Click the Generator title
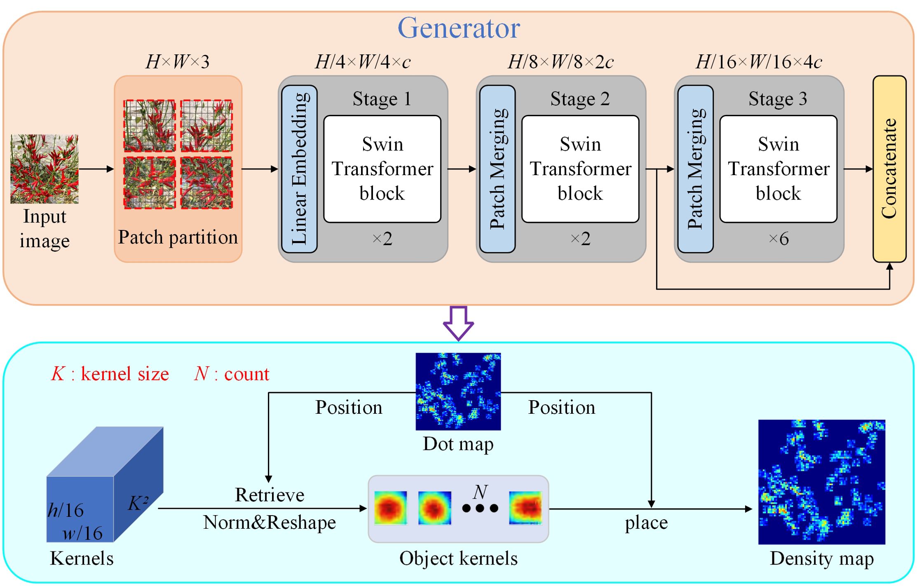pos(458,28)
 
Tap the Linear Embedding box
pos(299,169)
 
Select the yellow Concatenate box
pos(889,169)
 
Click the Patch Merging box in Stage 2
pos(497,169)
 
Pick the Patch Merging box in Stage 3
pos(695,169)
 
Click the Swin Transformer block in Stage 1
pos(382,169)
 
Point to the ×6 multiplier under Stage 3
pos(779,239)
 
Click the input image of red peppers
pos(45,169)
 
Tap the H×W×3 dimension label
pos(178,62)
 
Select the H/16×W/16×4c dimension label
pos(759,62)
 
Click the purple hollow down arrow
pos(458,323)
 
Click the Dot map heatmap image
pos(458,391)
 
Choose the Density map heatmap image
pos(822,482)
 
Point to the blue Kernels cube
pos(105,484)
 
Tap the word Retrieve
pos(270,495)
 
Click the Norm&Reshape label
pos(270,523)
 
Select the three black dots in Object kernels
pos(480,509)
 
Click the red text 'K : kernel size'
pos(110,374)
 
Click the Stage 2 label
pos(580,99)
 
